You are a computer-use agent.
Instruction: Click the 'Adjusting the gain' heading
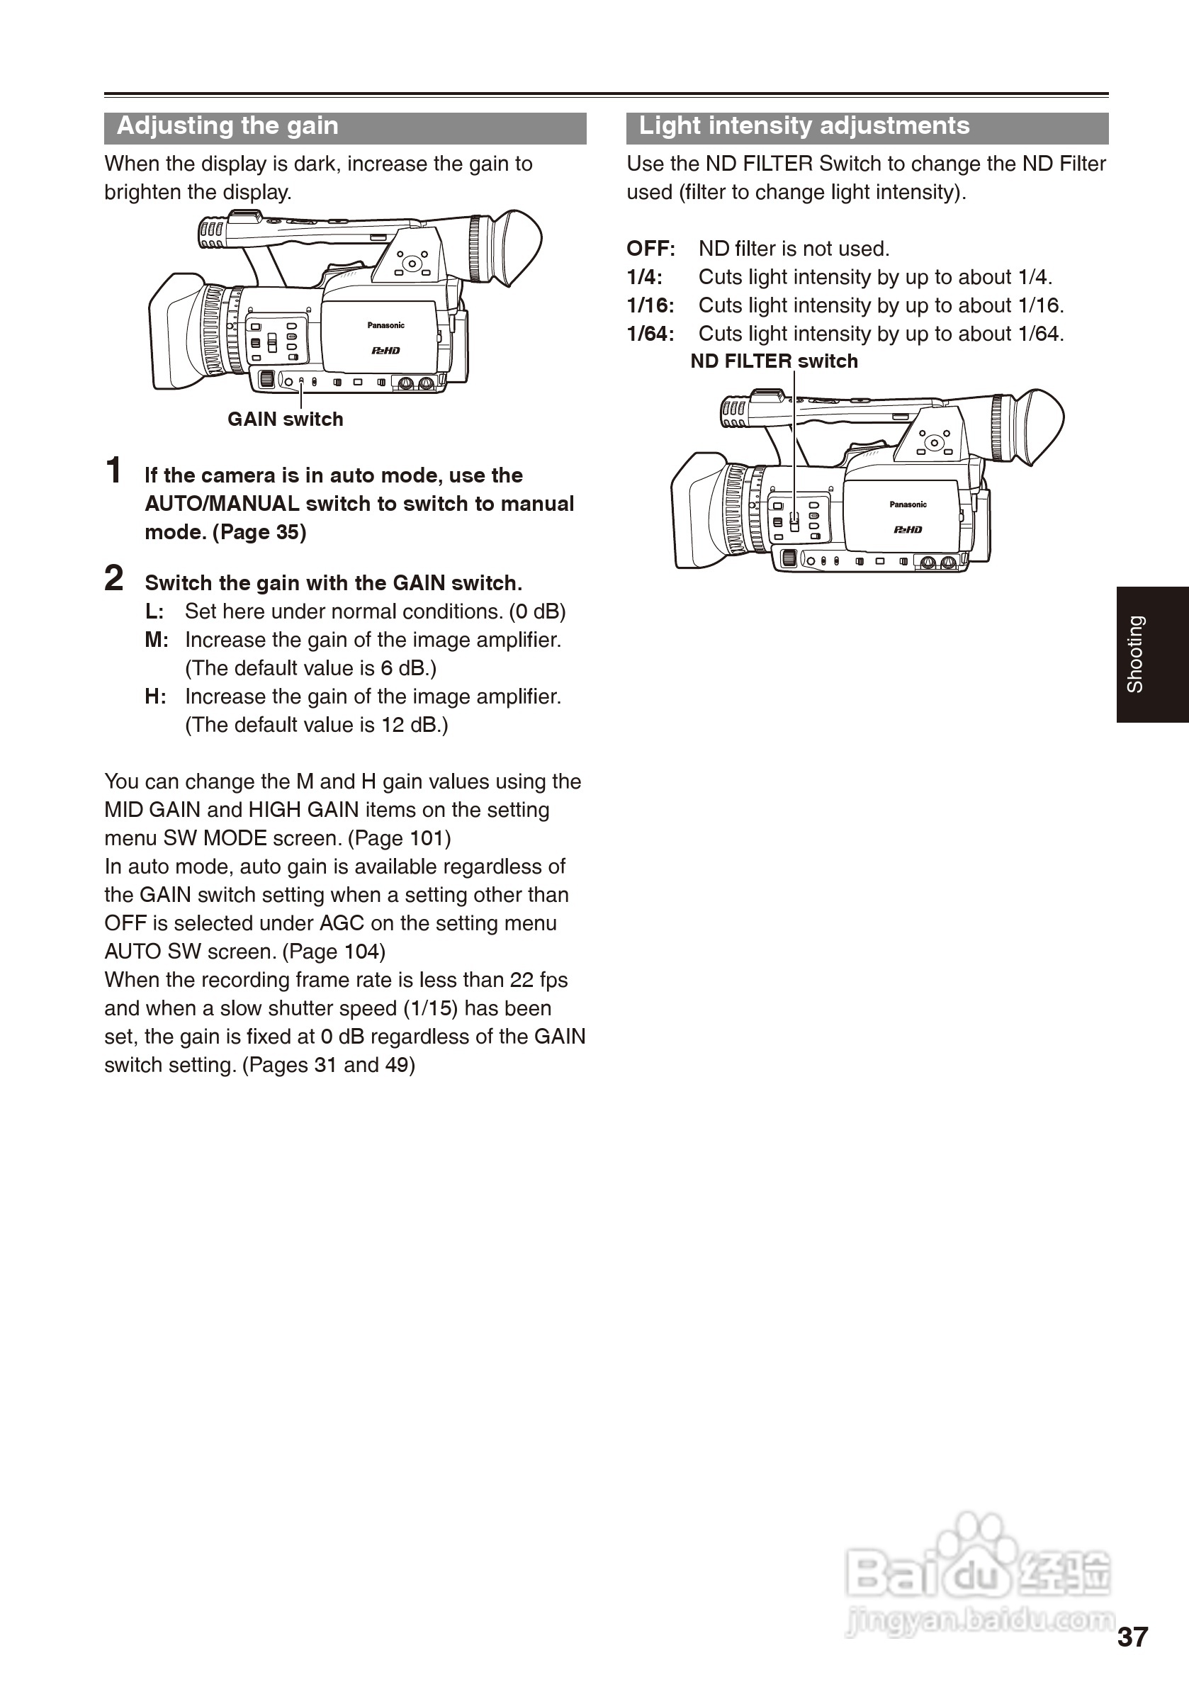click(227, 126)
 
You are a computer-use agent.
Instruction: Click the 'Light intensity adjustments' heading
click(804, 126)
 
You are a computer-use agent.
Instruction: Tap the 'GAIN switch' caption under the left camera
click(285, 419)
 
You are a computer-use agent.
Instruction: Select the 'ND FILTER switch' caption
click(774, 361)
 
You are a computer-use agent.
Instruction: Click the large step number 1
click(114, 471)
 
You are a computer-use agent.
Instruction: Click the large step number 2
click(114, 579)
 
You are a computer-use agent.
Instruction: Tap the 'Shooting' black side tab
click(1151, 654)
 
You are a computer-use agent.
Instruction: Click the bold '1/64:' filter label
click(650, 334)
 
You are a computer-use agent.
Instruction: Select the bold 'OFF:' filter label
click(650, 249)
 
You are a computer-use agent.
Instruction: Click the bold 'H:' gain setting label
click(155, 696)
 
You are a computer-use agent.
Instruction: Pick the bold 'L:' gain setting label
click(154, 612)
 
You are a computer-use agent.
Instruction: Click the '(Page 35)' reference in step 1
click(259, 533)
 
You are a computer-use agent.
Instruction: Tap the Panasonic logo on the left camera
click(385, 325)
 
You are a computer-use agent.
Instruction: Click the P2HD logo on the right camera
click(908, 530)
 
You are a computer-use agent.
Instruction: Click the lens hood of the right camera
click(694, 511)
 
